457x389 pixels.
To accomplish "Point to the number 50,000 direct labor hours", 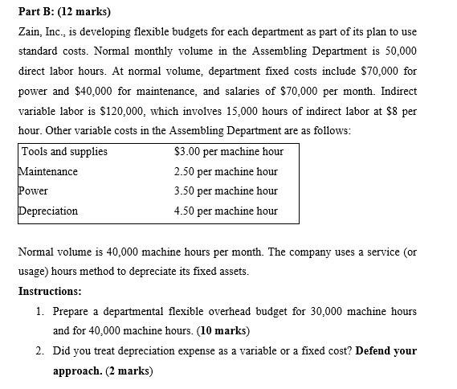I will coord(399,52).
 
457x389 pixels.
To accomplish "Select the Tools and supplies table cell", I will coord(64,151).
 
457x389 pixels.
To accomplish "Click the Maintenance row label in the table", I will coord(48,171).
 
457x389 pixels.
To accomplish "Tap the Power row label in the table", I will coord(34,190).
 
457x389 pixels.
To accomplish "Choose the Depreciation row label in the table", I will coord(49,211).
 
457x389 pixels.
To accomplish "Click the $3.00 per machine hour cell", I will coord(228,151).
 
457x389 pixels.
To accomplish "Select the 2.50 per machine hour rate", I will coord(226,171).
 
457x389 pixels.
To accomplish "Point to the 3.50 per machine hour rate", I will coord(226,190).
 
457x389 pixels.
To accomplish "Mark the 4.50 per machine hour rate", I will coord(226,211).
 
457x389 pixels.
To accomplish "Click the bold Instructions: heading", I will coord(49,291).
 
